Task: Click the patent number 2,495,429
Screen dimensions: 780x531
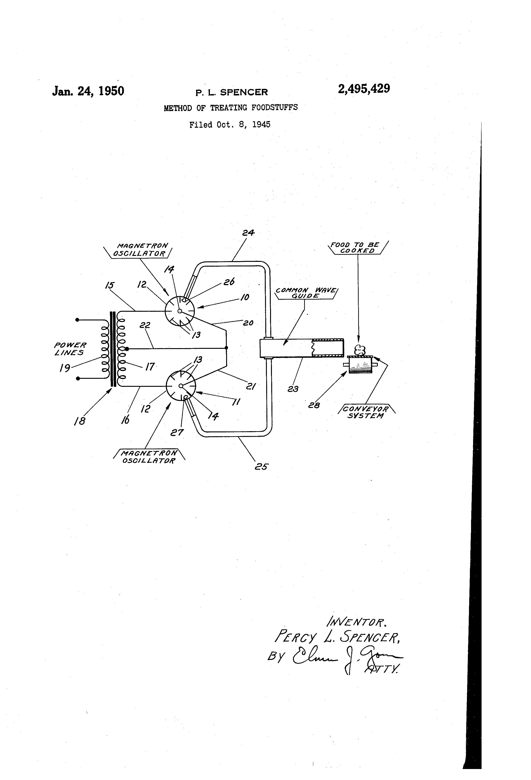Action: [364, 89]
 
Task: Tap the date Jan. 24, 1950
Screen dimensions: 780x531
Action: [88, 91]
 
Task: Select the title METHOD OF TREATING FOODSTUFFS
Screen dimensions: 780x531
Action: [230, 108]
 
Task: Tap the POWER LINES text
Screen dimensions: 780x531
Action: [70, 349]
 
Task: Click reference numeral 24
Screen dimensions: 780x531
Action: [248, 232]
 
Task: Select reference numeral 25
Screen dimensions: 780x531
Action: [261, 466]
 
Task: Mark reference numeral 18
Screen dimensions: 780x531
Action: [80, 421]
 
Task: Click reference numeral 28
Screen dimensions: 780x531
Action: [314, 405]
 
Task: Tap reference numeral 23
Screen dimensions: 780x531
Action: [293, 389]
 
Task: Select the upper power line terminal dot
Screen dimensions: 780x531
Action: [77, 320]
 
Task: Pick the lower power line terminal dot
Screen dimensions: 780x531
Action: [78, 379]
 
